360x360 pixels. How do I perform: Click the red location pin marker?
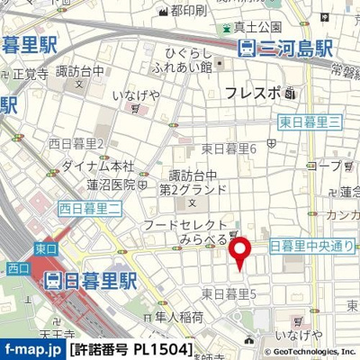239,253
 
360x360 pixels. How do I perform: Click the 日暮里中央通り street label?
312,245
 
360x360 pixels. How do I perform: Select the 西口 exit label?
15,267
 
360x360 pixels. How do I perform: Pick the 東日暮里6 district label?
229,148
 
